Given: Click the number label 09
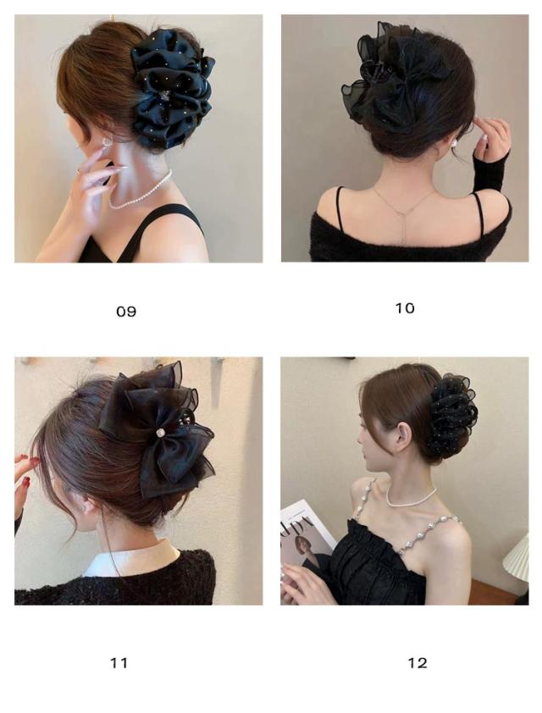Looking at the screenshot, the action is tap(126, 312).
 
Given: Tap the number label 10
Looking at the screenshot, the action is tap(404, 308).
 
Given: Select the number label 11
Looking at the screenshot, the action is tap(119, 663).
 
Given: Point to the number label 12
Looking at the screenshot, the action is tap(418, 663).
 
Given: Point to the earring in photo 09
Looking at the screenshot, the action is tap(107, 142).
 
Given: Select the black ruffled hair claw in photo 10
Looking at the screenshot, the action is tap(395, 77).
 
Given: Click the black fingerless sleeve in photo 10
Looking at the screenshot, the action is tap(490, 169).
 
